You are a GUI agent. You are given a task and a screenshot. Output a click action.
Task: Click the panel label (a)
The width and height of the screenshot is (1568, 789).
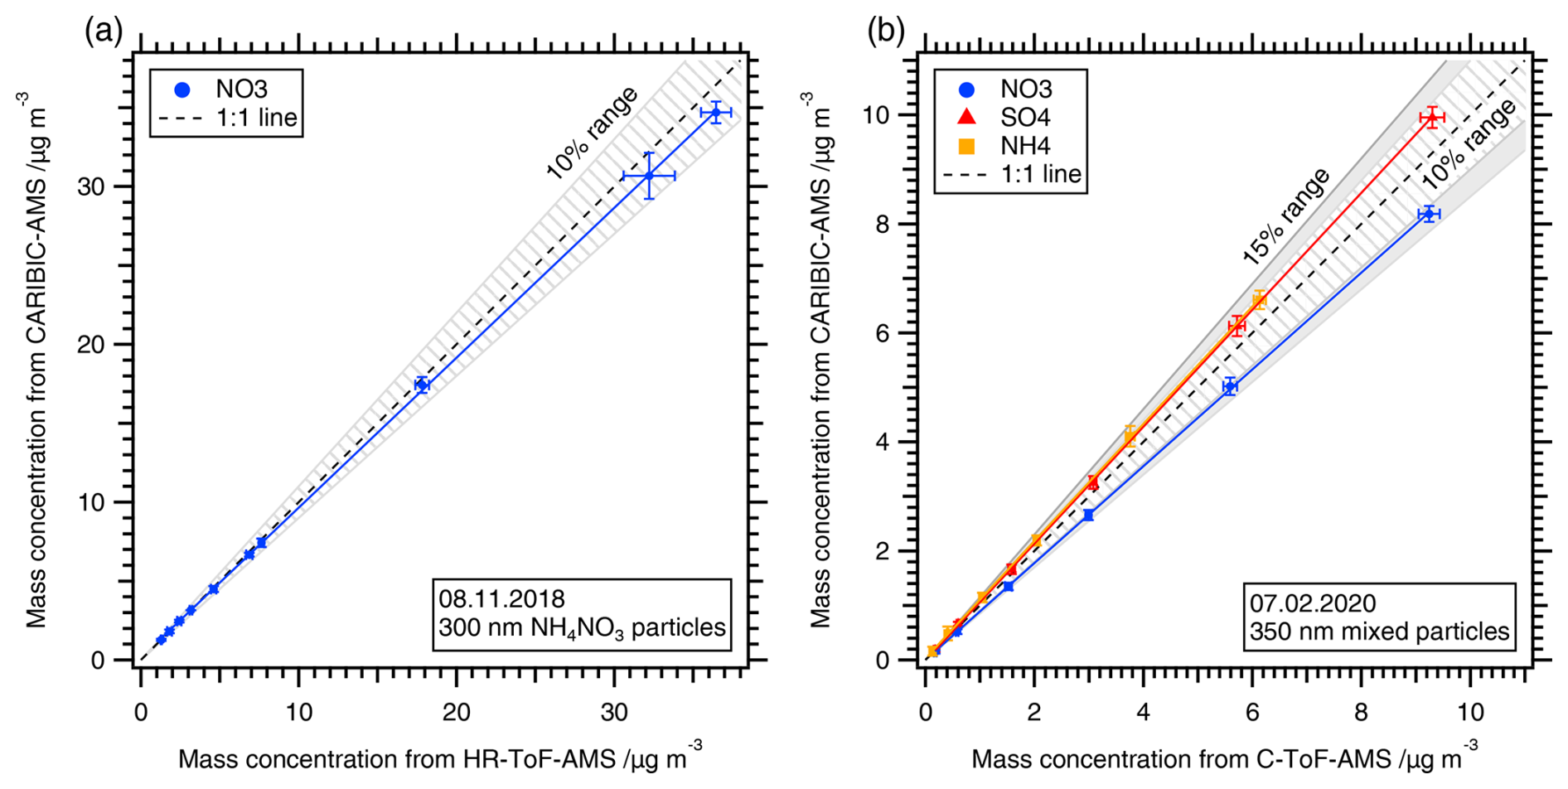coord(103,31)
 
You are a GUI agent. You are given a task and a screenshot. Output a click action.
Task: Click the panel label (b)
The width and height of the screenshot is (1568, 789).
coord(885,31)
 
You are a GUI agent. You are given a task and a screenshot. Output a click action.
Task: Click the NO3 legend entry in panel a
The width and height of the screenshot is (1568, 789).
coord(240,90)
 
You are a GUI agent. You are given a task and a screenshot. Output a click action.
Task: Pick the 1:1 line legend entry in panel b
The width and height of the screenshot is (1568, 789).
coord(1040,174)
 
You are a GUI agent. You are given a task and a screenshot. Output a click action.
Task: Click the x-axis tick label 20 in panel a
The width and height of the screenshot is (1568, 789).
coord(457,713)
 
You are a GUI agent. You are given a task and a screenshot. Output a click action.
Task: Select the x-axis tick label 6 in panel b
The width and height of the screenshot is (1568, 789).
coord(1252,713)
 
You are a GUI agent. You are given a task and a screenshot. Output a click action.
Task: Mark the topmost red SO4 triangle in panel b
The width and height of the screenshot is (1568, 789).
coord(1431,118)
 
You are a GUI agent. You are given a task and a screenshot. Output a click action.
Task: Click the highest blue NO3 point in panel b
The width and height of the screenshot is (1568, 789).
coord(1429,214)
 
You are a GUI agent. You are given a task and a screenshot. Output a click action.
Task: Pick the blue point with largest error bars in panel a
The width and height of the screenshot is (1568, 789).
coord(649,176)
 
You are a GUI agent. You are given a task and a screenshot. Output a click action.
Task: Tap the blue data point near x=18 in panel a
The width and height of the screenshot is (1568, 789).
coord(422,385)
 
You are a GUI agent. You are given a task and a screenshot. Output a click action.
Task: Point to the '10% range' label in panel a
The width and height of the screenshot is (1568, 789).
coord(592,133)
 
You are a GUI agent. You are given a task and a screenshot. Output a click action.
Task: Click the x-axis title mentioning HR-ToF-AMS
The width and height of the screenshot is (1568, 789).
coord(440,758)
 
